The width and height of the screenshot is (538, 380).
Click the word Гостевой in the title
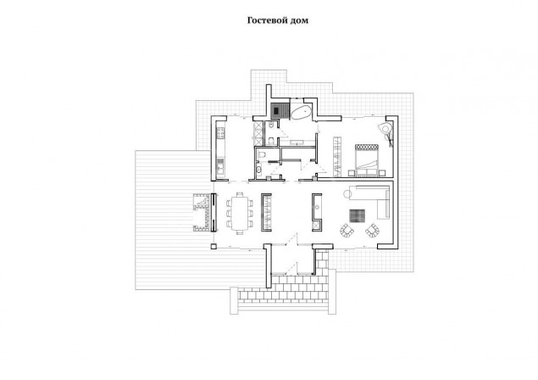pyautogui.click(x=267, y=20)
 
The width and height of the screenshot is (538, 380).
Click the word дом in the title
pyautogui.click(x=300, y=20)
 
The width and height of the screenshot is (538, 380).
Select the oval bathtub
pyautogui.click(x=301, y=112)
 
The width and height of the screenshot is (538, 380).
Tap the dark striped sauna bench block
pyautogui.click(x=276, y=110)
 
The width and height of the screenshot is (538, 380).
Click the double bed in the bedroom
pyautogui.click(x=367, y=160)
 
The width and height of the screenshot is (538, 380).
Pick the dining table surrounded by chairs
pyautogui.click(x=240, y=213)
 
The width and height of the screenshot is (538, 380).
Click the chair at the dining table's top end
pyautogui.click(x=240, y=194)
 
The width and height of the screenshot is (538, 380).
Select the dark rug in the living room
pyautogui.click(x=358, y=216)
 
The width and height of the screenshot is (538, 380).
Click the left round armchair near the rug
pyautogui.click(x=347, y=230)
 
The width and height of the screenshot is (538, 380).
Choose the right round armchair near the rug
pyautogui.click(x=372, y=230)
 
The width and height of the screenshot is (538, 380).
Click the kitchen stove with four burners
pyautogui.click(x=220, y=133)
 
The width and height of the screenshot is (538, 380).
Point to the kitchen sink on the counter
pyautogui.click(x=220, y=166)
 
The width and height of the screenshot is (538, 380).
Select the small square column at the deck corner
pyautogui.click(x=214, y=246)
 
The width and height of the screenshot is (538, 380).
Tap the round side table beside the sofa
pyautogui.click(x=347, y=193)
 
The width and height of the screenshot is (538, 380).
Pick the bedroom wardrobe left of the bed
pyautogui.click(x=337, y=157)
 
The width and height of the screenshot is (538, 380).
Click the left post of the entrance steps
pyautogui.click(x=234, y=300)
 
